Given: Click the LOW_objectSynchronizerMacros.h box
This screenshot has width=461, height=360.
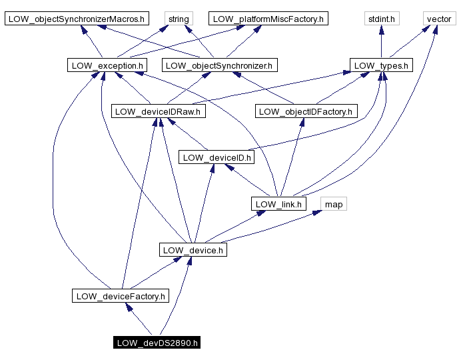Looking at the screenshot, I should (x=77, y=19).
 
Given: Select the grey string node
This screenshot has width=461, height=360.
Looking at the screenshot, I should (x=178, y=19).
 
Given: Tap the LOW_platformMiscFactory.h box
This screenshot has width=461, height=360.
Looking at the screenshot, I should (x=268, y=19).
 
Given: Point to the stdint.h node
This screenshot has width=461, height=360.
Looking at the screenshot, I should (x=381, y=19).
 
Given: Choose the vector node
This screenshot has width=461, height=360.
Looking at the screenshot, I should (x=438, y=19).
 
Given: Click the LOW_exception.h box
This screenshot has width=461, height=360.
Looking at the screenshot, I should (x=107, y=65).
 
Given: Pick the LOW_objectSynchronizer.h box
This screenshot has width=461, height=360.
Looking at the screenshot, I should (x=220, y=65).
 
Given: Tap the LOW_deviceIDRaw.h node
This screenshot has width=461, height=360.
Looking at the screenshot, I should (x=159, y=111).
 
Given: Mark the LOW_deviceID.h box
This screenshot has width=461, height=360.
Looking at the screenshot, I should (x=217, y=157).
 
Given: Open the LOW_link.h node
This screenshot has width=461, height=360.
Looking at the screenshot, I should (x=278, y=204).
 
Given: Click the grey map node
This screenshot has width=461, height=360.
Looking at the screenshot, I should (x=334, y=204).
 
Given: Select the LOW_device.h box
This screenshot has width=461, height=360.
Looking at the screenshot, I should (x=193, y=250).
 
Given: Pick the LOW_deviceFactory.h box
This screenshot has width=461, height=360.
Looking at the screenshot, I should (x=121, y=296).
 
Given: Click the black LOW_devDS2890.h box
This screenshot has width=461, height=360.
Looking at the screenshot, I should (x=157, y=343).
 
